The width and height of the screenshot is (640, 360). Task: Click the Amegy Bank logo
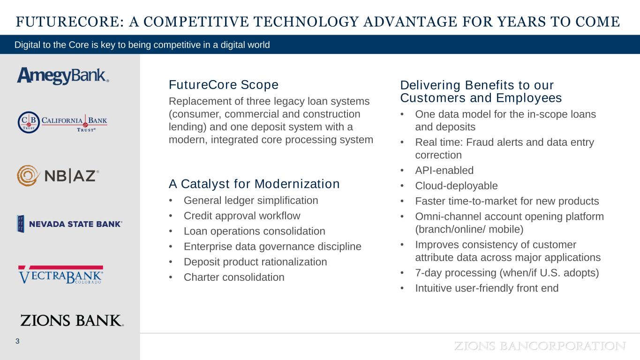(x=63, y=76)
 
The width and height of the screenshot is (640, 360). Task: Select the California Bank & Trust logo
(x=62, y=122)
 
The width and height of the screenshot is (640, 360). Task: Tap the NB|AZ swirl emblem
(x=27, y=175)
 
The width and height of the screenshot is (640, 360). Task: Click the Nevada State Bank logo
(x=69, y=224)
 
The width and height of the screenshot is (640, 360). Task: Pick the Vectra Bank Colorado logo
(x=60, y=275)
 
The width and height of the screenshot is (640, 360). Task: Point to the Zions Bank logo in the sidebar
(x=72, y=320)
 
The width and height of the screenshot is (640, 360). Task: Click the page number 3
(x=17, y=341)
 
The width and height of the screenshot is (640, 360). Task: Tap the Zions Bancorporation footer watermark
(x=540, y=346)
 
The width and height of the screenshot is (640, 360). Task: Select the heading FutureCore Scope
(x=224, y=85)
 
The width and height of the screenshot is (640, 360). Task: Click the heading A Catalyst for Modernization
(x=254, y=184)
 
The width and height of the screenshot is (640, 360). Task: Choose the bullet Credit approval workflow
(x=242, y=216)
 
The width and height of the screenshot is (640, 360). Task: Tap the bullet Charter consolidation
(x=234, y=277)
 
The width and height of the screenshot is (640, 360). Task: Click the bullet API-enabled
(x=444, y=170)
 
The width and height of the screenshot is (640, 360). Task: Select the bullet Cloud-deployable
(x=456, y=186)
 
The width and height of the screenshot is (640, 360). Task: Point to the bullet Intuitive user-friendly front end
(x=487, y=288)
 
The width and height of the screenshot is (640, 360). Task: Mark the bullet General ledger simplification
(x=251, y=201)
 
